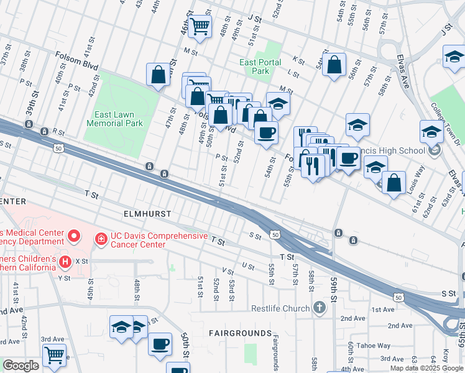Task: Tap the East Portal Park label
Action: [x=260, y=67]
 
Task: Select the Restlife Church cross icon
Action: [x=319, y=308]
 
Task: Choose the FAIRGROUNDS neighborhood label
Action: [x=240, y=333]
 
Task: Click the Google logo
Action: [x=21, y=366]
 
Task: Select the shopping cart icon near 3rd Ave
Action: [x=55, y=355]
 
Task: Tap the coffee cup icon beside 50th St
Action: [x=160, y=344]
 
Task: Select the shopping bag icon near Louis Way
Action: [x=394, y=183]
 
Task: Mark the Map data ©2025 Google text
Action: [x=426, y=368]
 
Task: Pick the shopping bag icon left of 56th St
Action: [x=334, y=65]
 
